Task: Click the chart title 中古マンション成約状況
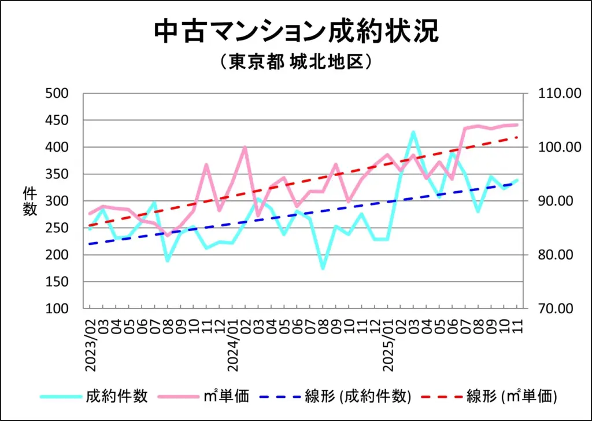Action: click(x=296, y=31)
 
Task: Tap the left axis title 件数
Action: click(x=30, y=202)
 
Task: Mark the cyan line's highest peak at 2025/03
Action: click(x=413, y=132)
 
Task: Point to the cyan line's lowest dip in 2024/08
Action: click(x=323, y=268)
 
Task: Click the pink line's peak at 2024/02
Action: click(x=245, y=147)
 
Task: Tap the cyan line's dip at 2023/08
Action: click(x=168, y=261)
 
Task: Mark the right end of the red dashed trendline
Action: click(x=517, y=137)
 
